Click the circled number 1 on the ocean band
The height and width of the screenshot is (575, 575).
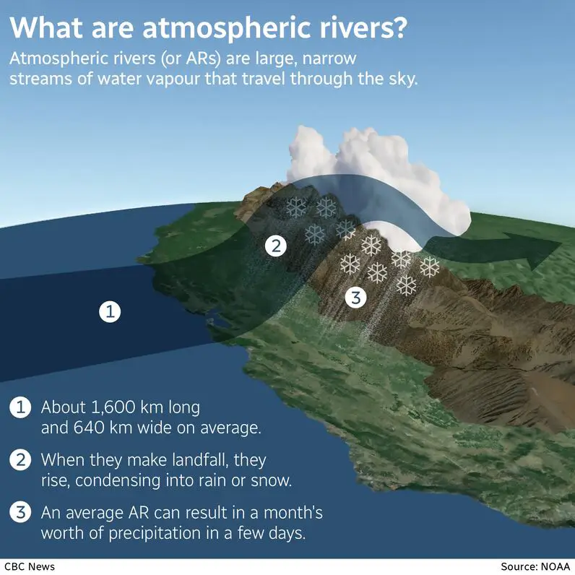(109, 312)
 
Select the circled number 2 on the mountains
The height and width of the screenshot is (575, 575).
(274, 246)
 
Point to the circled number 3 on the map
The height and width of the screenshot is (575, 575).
(355, 297)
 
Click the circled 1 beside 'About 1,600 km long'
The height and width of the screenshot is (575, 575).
(20, 407)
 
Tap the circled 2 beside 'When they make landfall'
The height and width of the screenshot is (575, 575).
(20, 459)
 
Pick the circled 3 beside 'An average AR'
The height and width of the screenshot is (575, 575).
(20, 513)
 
